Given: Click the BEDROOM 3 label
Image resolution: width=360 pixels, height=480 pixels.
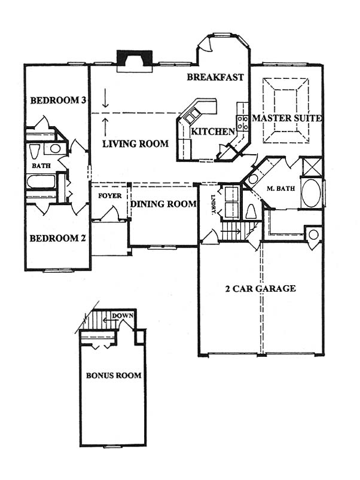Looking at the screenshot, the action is pyautogui.click(x=58, y=100).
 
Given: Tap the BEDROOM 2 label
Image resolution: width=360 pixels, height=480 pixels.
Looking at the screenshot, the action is pyautogui.click(x=57, y=238).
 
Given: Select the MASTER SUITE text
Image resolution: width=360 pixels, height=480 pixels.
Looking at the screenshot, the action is pyautogui.click(x=287, y=118).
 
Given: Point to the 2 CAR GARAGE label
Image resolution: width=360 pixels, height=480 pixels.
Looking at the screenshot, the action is pyautogui.click(x=261, y=288).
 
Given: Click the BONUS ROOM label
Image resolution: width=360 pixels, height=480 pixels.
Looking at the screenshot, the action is pyautogui.click(x=114, y=375).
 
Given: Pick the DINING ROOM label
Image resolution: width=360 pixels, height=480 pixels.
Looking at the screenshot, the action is pyautogui.click(x=163, y=204).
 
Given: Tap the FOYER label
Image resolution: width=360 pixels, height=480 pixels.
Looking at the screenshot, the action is pyautogui.click(x=110, y=195).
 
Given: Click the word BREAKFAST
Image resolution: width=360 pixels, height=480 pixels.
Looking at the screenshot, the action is pyautogui.click(x=215, y=77).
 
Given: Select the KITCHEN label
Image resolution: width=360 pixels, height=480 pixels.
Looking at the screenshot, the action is pyautogui.click(x=213, y=132).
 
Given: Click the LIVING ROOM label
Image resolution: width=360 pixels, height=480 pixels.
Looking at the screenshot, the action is pyautogui.click(x=135, y=143).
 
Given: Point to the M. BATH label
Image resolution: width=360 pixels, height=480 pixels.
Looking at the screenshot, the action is pyautogui.click(x=280, y=188).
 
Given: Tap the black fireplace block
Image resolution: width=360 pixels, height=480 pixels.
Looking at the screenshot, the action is pyautogui.click(x=135, y=57).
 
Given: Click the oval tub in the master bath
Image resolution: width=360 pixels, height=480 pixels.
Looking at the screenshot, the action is pyautogui.click(x=312, y=194).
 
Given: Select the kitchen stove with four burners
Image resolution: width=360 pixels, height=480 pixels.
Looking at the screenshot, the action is pyautogui.click(x=242, y=123).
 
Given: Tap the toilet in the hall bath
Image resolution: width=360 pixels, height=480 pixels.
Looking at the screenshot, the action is pyautogui.click(x=33, y=151).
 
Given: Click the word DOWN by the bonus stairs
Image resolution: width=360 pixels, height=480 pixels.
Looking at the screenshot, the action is pyautogui.click(x=123, y=316).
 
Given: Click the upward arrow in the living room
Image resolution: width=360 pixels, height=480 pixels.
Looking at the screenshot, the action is pyautogui.click(x=105, y=127).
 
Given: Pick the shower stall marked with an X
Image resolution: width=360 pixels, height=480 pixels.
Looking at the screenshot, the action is pyautogui.click(x=312, y=167).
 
